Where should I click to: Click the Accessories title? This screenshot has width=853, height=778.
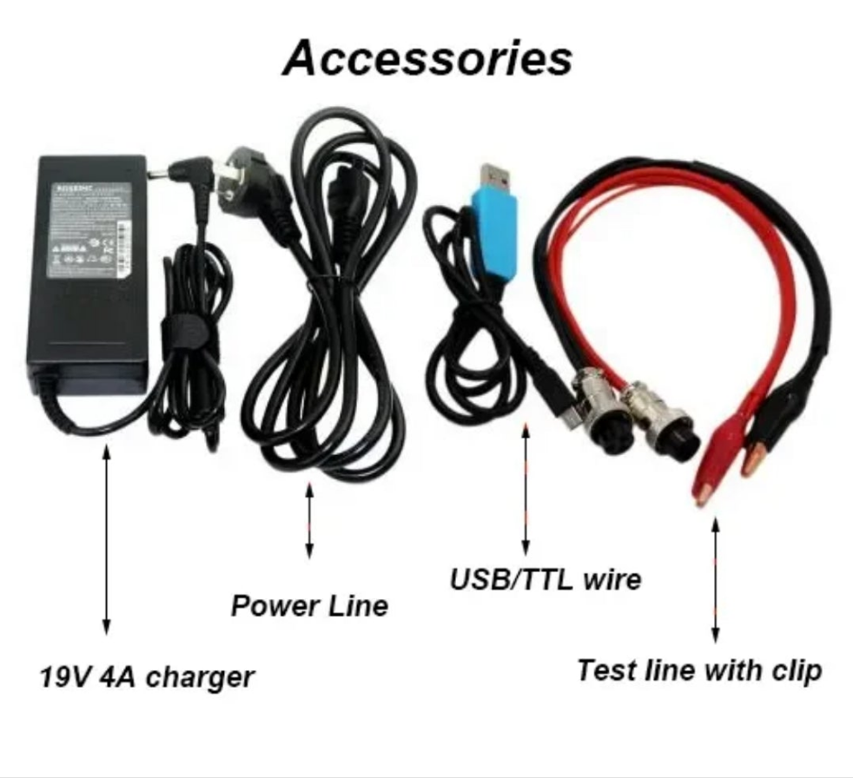click(x=427, y=58)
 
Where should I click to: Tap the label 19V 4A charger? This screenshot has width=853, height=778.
click(x=147, y=676)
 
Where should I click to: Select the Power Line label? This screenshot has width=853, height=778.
click(x=309, y=605)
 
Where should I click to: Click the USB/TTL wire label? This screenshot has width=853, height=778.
click(x=546, y=578)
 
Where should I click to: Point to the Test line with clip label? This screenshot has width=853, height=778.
click(x=699, y=670)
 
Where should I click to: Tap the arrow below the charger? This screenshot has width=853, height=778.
click(x=106, y=539)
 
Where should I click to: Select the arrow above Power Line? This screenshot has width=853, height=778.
click(x=309, y=520)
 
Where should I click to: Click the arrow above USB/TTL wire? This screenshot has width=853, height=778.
click(x=525, y=487)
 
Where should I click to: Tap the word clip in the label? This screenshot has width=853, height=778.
click(x=797, y=670)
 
